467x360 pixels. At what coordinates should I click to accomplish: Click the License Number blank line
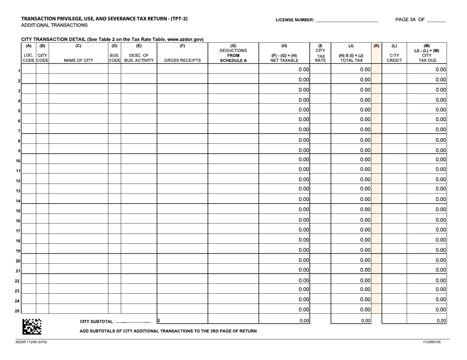[346, 21]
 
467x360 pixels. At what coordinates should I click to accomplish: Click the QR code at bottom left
[33, 326]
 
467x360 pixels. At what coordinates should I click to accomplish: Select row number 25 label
[17, 310]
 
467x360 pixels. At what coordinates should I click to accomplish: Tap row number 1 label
[19, 71]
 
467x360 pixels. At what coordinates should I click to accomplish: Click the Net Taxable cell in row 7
[284, 129]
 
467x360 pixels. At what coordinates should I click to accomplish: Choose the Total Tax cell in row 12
[350, 179]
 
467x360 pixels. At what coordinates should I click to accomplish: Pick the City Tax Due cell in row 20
[427, 260]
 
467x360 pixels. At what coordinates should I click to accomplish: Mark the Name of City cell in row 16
[78, 220]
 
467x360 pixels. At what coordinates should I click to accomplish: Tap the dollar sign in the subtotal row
[159, 321]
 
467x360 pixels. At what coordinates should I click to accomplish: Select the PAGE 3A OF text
[410, 20]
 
